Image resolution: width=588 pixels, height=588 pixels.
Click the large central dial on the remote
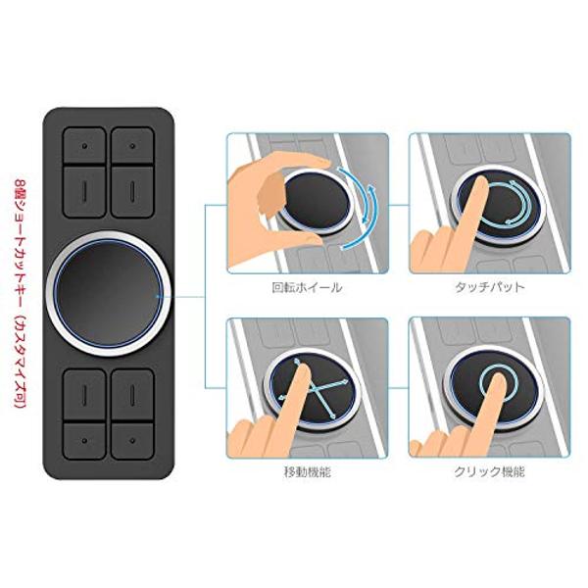point(109,294)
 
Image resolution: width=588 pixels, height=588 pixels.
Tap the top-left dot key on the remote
point(84,145)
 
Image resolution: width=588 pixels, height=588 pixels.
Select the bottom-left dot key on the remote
point(84,441)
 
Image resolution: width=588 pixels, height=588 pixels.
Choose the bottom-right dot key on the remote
point(132,441)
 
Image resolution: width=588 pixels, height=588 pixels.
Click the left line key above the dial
point(84,192)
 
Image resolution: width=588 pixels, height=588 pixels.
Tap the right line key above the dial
point(132,192)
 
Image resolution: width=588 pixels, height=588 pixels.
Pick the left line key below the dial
point(84,395)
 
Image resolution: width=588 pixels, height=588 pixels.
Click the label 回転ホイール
point(307,287)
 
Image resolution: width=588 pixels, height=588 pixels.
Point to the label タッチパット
point(489,287)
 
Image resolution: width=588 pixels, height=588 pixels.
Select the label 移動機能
point(308,472)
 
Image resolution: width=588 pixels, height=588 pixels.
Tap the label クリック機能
point(489,471)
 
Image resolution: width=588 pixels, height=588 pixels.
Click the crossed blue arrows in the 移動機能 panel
point(315,388)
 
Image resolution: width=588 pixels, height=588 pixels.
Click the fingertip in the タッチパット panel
point(479,185)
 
